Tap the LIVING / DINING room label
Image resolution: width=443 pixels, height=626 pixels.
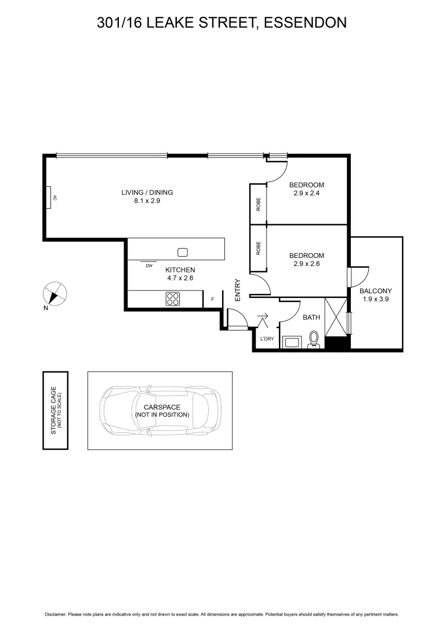147,192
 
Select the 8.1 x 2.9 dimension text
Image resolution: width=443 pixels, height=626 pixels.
147,201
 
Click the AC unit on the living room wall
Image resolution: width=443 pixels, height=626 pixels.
51,198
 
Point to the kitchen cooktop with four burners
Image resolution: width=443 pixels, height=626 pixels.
173,299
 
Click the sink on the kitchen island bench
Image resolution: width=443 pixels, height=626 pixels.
183,252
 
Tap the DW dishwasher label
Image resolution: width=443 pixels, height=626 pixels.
149,265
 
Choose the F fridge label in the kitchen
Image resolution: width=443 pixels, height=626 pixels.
213,299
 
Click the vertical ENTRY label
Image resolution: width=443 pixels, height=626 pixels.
238,290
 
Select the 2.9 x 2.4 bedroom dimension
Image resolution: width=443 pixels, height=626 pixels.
307,194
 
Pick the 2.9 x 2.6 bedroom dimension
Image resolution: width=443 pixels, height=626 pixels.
307,264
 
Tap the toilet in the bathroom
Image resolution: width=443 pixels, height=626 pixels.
314,339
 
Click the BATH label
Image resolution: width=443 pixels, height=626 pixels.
311,318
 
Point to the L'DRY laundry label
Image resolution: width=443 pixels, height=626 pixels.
267,339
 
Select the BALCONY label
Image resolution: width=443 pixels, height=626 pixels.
376,291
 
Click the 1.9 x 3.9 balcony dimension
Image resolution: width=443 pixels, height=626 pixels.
376,299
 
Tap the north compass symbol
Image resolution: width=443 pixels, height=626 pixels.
55,293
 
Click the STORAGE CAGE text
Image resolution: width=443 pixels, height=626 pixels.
53,411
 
